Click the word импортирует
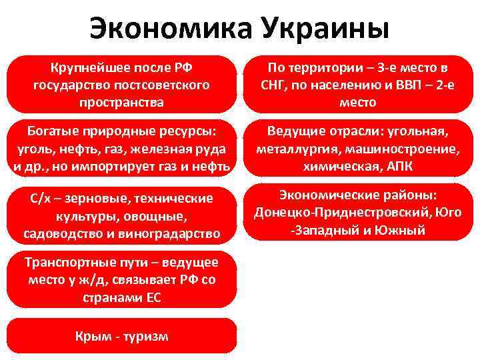click(x=134, y=165)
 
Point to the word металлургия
click(x=293, y=148)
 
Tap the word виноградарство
click(x=177, y=233)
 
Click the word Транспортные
click(x=64, y=261)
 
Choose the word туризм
click(x=144, y=336)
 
